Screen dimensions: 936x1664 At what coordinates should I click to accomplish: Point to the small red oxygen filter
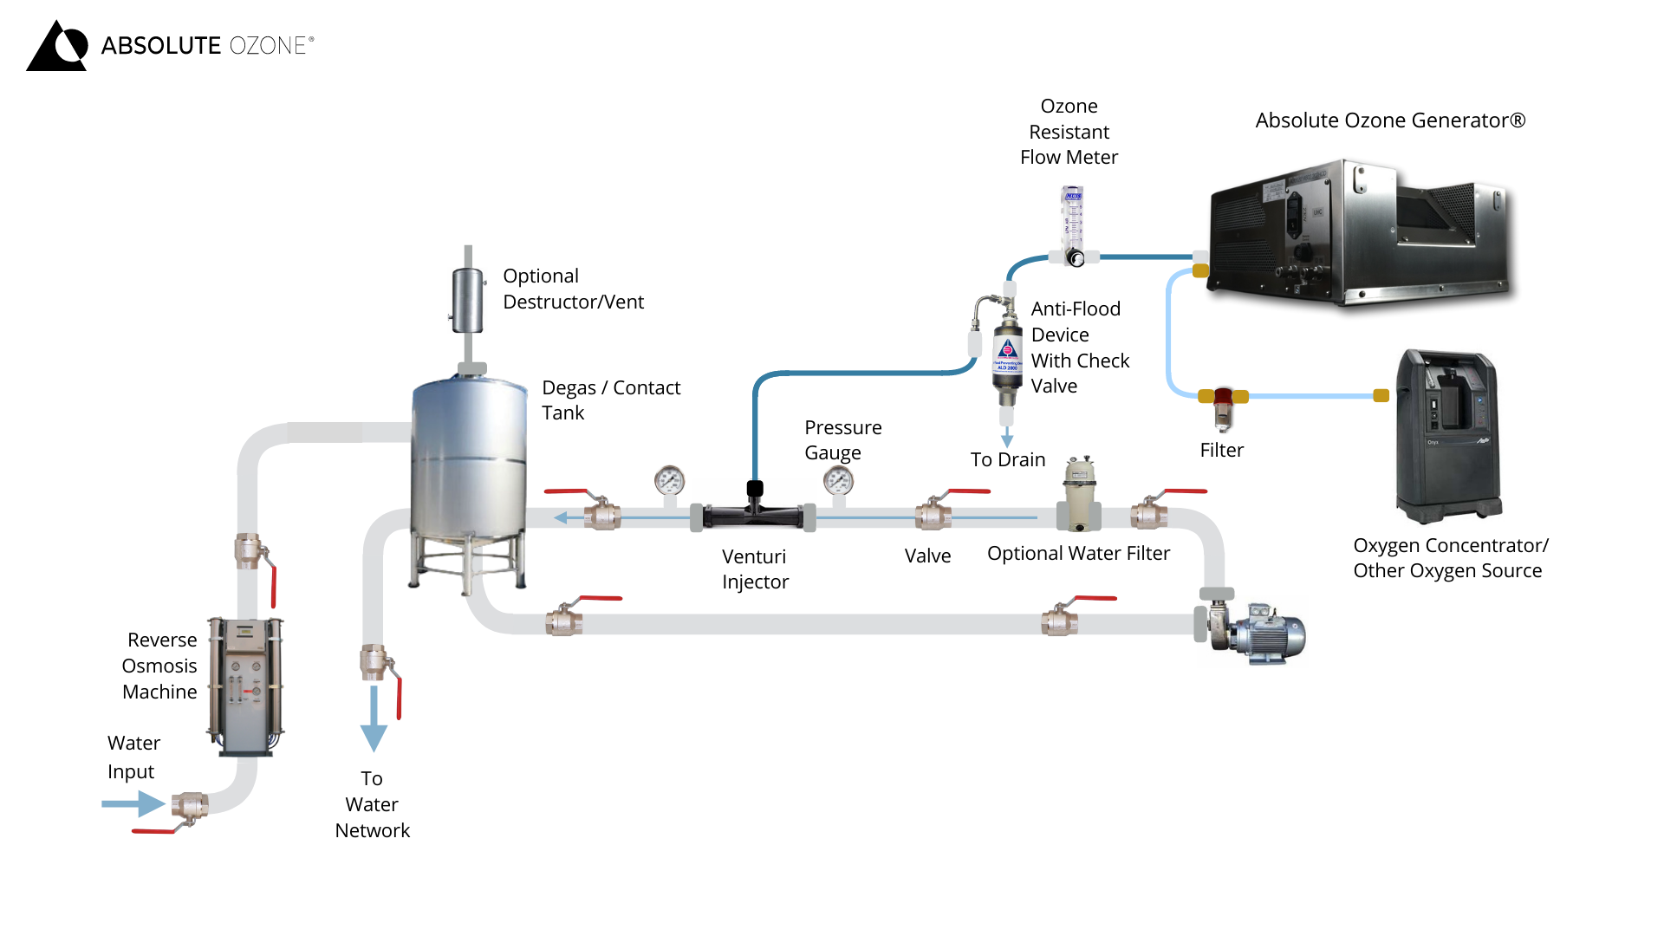click(1223, 407)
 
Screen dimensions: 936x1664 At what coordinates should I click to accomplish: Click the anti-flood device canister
click(1007, 355)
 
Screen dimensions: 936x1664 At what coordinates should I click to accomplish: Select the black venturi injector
click(753, 515)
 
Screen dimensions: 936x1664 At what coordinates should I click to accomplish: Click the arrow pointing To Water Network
click(374, 719)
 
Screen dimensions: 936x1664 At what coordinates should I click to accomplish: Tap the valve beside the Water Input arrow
click(189, 807)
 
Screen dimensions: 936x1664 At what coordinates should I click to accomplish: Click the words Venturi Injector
click(755, 569)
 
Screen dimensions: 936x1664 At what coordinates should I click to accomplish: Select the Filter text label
click(1221, 450)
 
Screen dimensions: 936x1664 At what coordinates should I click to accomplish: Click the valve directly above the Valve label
click(933, 515)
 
